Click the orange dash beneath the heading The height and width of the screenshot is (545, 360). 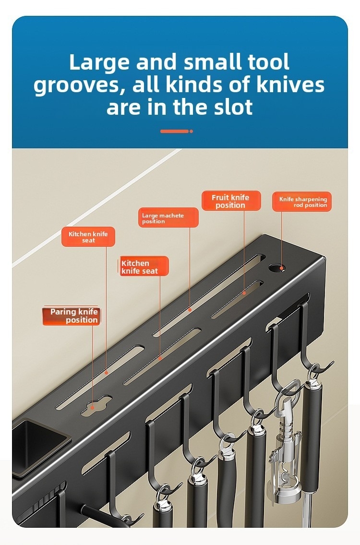click(x=177, y=131)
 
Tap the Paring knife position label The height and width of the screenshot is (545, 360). click(x=72, y=315)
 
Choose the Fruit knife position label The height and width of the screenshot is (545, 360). click(x=231, y=201)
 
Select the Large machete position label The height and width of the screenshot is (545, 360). click(x=168, y=218)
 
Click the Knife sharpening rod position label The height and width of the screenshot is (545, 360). click(x=302, y=202)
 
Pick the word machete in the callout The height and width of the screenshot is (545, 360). click(x=170, y=216)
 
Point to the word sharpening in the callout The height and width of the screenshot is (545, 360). click(x=311, y=199)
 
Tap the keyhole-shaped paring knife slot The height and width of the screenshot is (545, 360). click(x=96, y=405)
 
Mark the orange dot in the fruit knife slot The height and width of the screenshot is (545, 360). click(x=244, y=293)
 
